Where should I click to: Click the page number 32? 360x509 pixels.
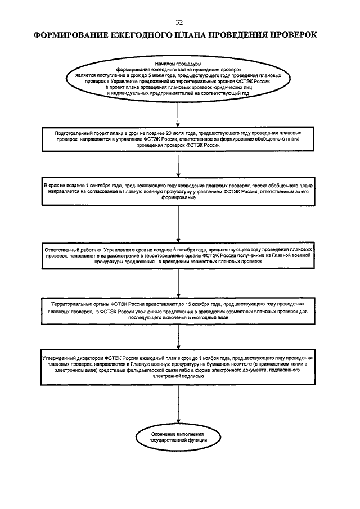click(x=179, y=22)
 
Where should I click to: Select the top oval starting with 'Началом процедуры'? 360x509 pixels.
click(x=179, y=80)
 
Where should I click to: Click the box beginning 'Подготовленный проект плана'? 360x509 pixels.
click(x=179, y=138)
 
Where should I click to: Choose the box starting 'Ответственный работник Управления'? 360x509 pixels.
click(x=179, y=255)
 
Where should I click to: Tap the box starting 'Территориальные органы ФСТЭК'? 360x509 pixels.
click(x=179, y=309)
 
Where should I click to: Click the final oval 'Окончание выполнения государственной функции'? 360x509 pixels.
click(x=178, y=437)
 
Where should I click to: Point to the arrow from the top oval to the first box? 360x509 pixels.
click(x=178, y=112)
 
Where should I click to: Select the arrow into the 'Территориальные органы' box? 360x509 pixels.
click(x=178, y=283)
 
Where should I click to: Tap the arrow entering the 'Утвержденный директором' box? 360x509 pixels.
click(x=178, y=337)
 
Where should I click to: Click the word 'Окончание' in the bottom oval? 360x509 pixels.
click(x=165, y=434)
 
